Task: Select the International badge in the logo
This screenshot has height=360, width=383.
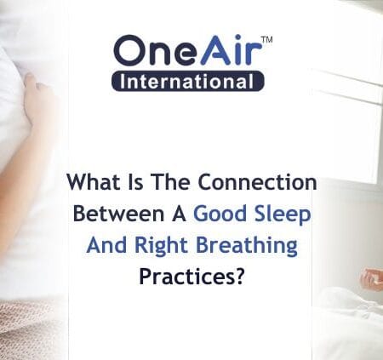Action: coord(187,82)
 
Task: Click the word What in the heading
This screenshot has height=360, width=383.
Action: coord(91,183)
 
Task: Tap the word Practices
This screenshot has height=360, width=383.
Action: coord(184,277)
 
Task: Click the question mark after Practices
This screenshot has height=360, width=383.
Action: coord(240,277)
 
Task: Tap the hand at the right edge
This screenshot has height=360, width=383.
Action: coord(371,279)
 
